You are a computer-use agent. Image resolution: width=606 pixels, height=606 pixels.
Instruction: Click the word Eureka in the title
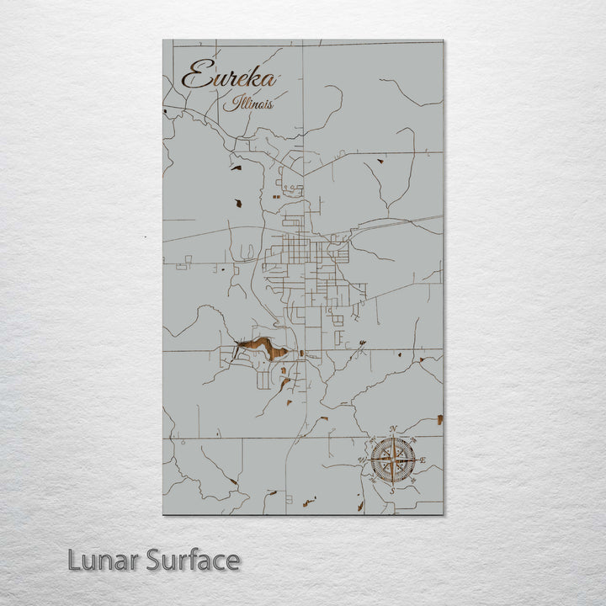point(229,77)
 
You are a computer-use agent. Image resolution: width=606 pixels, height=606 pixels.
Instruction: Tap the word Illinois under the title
point(248,104)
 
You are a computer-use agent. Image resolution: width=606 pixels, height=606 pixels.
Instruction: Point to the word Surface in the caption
point(193,560)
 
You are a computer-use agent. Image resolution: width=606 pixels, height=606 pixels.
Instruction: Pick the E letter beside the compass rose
point(423,460)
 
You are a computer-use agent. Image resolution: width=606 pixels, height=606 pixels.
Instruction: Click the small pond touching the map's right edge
point(439,418)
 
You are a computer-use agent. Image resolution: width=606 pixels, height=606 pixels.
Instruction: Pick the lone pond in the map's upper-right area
point(380,161)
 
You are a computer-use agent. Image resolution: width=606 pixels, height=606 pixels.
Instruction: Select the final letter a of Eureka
point(269,81)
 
